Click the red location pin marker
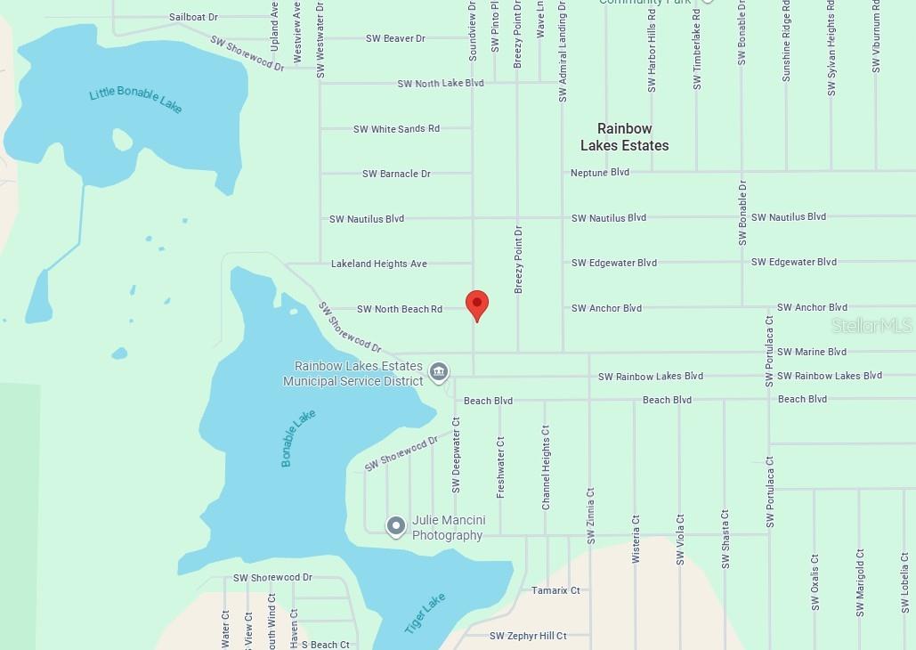(x=477, y=304)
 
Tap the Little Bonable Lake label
(x=135, y=101)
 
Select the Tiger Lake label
(x=425, y=613)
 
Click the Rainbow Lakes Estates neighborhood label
(x=624, y=137)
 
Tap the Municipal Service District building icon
(x=438, y=372)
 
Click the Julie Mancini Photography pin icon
(x=396, y=526)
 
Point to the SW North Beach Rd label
(x=399, y=309)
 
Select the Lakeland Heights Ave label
(x=378, y=264)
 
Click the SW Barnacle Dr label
(x=396, y=174)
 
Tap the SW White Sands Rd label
(x=396, y=129)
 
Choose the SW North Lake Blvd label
(x=441, y=83)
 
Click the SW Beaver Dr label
(x=395, y=38)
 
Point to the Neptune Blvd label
(x=600, y=172)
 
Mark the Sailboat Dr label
(x=193, y=17)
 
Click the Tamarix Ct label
(x=555, y=590)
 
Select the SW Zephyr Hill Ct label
(x=528, y=636)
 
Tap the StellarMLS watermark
(x=871, y=326)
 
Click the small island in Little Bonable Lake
(x=122, y=140)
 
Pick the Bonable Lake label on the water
(x=298, y=438)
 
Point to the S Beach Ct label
(x=325, y=645)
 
